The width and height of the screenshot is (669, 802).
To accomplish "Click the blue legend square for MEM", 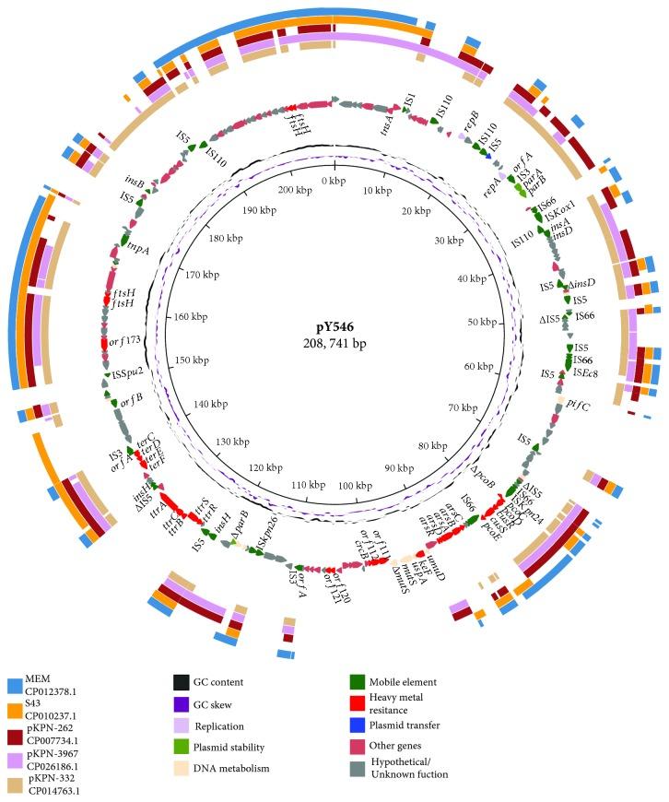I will tap(15, 686).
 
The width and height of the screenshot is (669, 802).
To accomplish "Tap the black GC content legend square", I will tap(181, 683).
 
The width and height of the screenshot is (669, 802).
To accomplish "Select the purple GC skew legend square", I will tap(181, 707).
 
